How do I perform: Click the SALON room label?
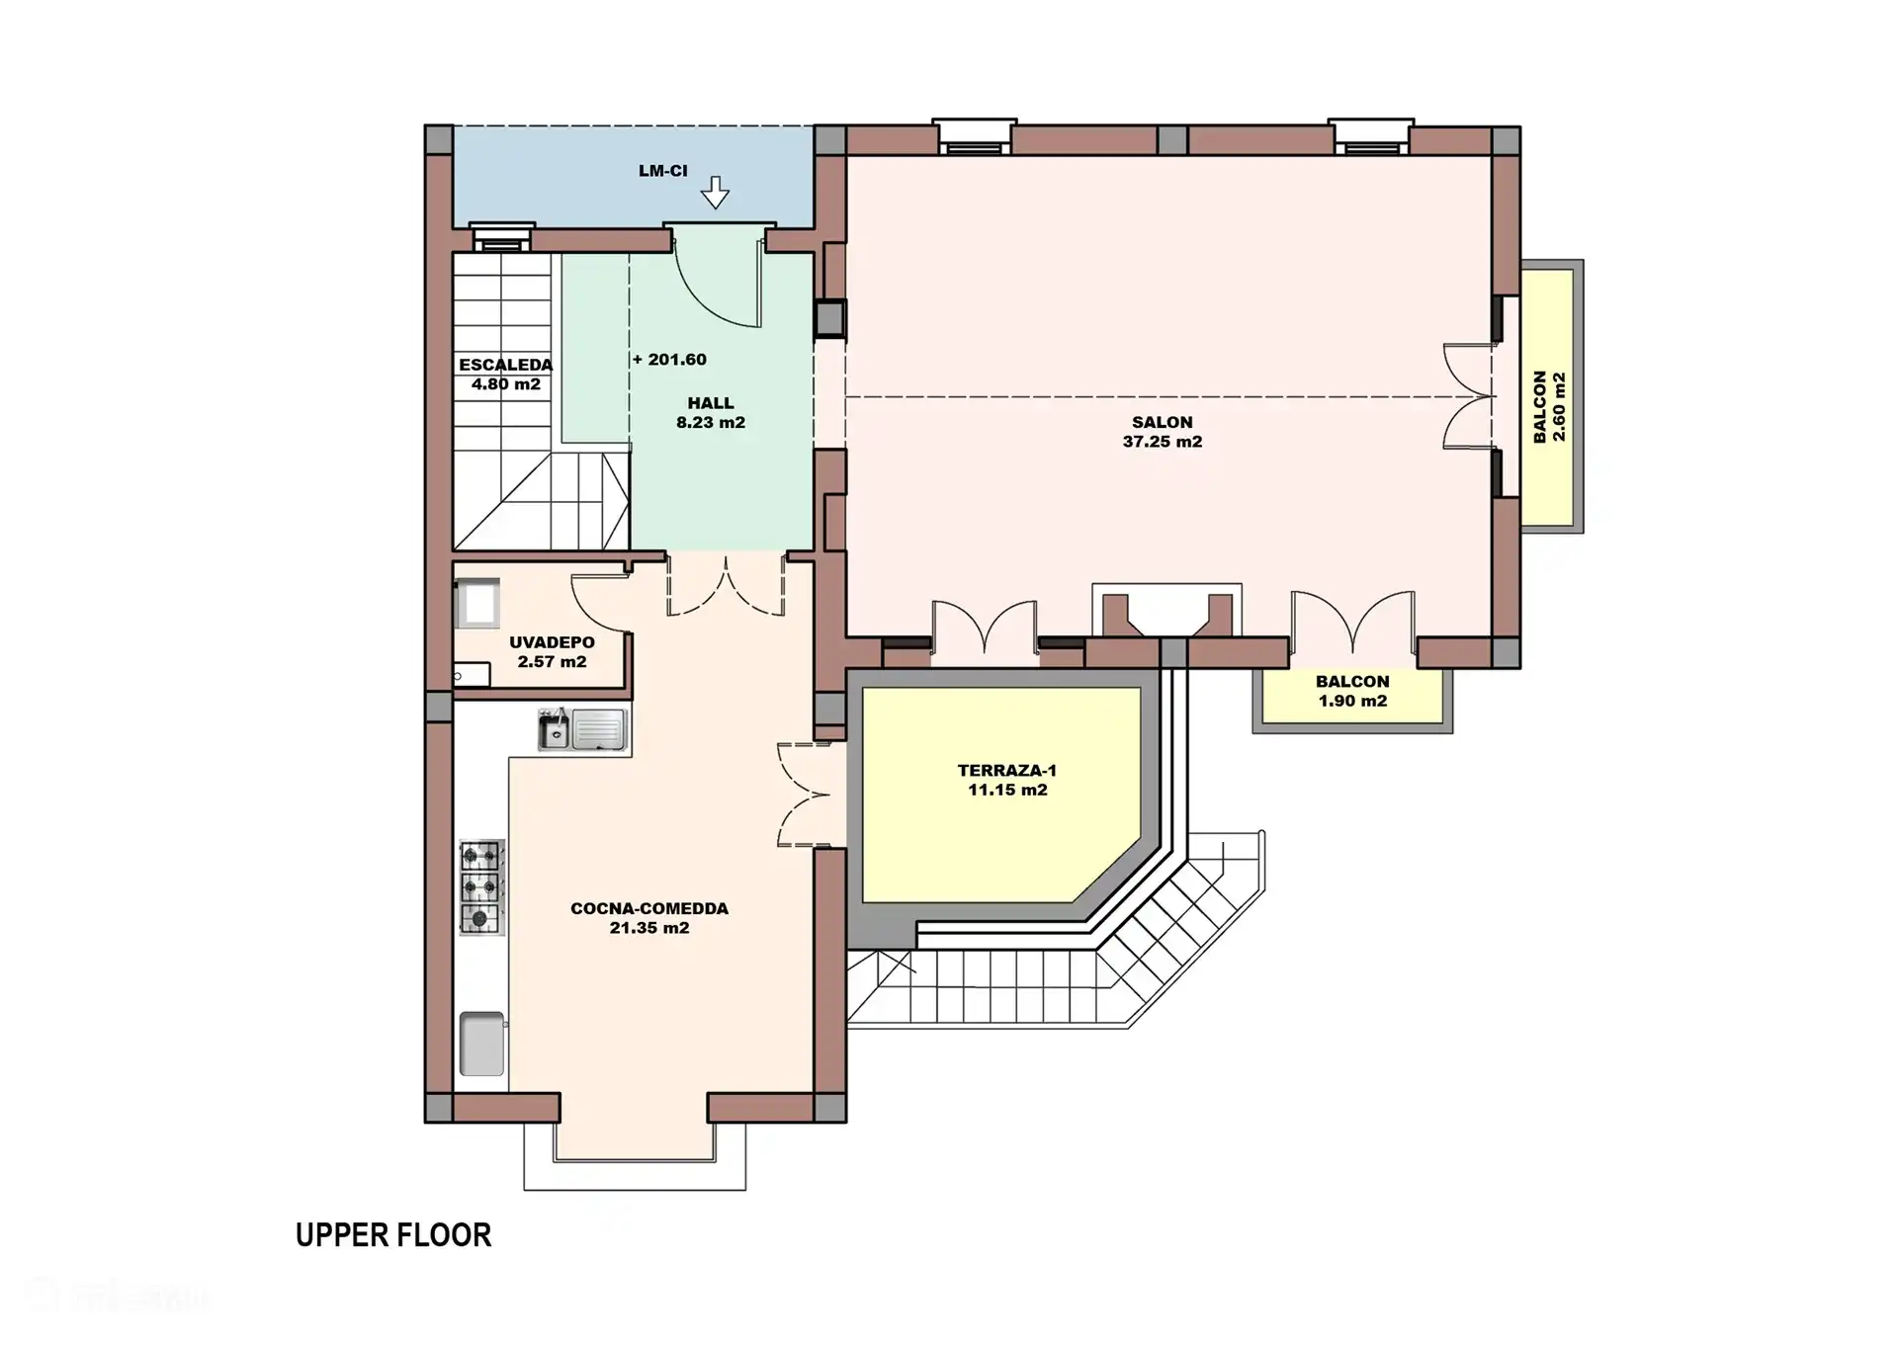(1162, 422)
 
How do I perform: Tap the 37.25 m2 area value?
(1162, 442)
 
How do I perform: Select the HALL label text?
(711, 403)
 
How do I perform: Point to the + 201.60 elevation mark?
(670, 360)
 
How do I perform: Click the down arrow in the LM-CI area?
(715, 192)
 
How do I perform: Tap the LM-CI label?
(662, 171)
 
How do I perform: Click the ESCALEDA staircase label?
(505, 365)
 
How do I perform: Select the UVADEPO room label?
(552, 642)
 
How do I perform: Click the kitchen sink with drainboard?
(582, 730)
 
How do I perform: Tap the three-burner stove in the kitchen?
(481, 886)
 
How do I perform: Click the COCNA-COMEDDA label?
(648, 908)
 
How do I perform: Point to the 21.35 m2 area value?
(648, 928)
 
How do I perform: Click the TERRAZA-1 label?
(1006, 771)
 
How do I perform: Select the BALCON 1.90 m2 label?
(1352, 691)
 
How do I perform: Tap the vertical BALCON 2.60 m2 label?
(1549, 406)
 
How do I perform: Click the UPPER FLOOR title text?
(392, 1235)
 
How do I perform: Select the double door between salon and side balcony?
(1470, 396)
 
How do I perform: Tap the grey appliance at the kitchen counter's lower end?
(481, 1044)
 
